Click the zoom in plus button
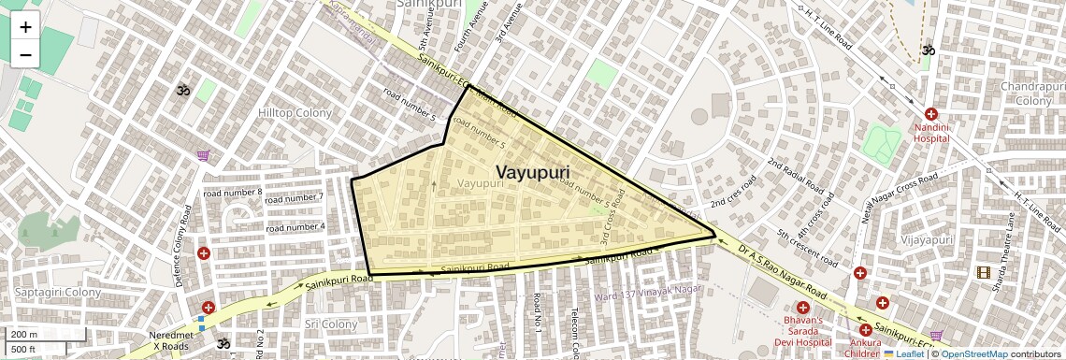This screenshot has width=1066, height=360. [25, 26]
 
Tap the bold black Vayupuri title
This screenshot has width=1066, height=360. [532, 173]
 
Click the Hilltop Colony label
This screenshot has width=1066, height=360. [295, 113]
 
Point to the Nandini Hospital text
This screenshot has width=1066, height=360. [931, 133]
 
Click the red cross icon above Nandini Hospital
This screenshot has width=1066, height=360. [931, 113]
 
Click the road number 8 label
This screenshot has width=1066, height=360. [232, 193]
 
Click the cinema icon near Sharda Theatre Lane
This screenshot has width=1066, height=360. [983, 272]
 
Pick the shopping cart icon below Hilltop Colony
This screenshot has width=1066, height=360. [203, 155]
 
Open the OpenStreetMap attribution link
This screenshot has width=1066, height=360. [974, 354]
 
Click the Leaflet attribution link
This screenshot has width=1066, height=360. [902, 354]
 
